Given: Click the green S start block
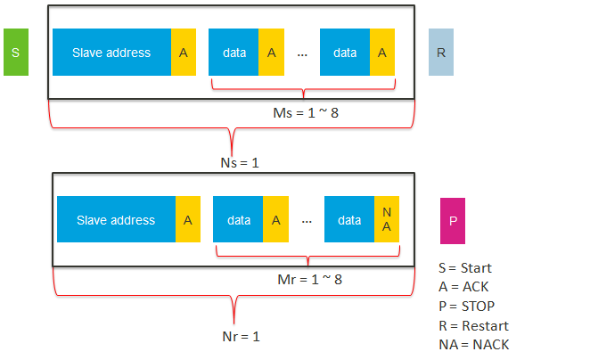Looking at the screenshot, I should point(16,52).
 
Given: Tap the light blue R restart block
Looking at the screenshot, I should point(441,52).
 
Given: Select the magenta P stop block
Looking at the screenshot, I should point(452,221).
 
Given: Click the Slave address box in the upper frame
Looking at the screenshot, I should point(111,53).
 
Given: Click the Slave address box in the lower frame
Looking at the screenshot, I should point(116,220).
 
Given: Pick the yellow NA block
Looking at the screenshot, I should point(387,220).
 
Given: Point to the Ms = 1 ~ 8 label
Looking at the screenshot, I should point(305,113).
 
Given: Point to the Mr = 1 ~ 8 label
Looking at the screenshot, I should point(309,279).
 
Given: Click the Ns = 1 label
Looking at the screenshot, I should point(238,163).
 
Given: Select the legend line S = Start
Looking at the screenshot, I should point(465,268).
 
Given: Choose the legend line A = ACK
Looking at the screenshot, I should point(463,287).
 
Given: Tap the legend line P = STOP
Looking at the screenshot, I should point(465,307).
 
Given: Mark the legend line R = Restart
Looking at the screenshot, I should point(473,326).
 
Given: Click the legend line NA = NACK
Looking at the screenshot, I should point(474,345).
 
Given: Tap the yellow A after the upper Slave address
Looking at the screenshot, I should point(184,53).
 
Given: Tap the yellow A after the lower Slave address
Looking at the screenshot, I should point(188,220).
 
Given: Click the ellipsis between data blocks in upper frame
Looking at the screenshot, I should point(302,53).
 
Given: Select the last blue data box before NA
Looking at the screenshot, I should point(348,220).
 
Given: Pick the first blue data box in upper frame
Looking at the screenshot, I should point(234,53).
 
